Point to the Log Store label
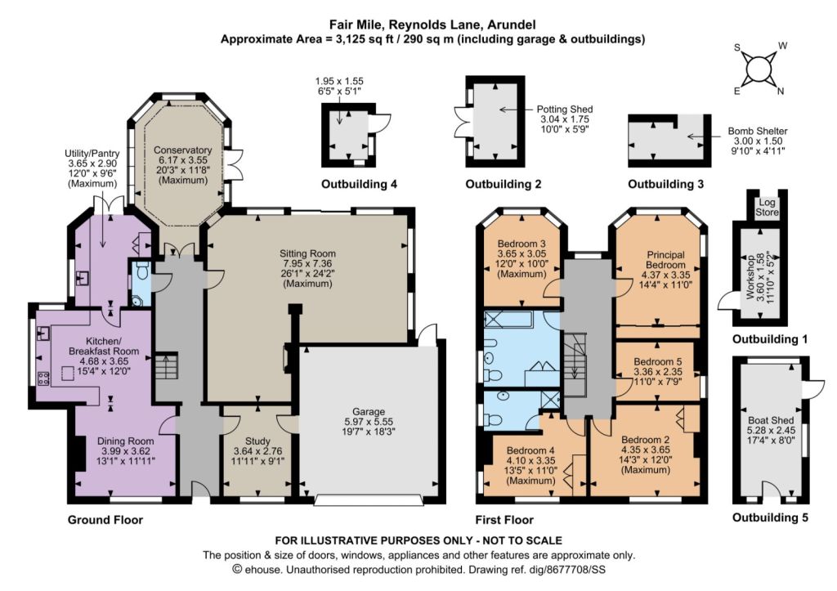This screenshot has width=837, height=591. (767, 207)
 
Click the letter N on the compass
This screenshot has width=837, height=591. (781, 92)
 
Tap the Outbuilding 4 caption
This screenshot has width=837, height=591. (359, 184)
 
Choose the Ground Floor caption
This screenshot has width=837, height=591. (105, 519)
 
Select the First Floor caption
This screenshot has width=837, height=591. (504, 519)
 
